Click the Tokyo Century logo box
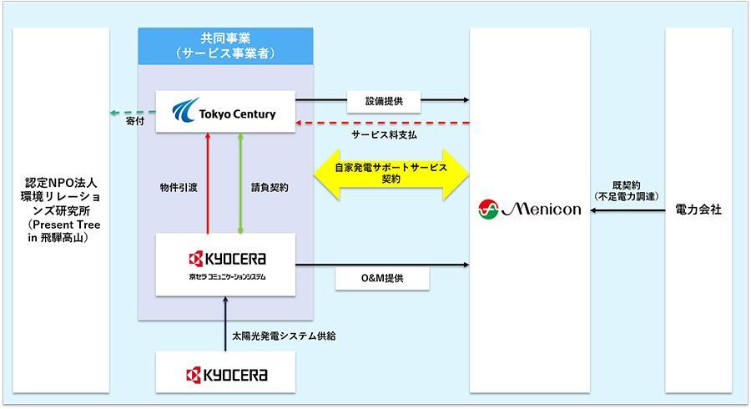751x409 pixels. coord(226,111)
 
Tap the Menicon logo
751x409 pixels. coord(530,210)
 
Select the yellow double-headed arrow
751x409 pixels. coord(391,174)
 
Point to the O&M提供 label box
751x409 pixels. coord(383,278)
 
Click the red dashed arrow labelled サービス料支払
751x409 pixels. coord(383,123)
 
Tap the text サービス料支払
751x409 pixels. coord(384,134)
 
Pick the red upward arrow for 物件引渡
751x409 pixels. coord(206,183)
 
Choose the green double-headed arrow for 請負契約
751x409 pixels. coord(240,183)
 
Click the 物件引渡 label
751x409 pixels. coord(178,187)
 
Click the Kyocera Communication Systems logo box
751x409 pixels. coord(226,265)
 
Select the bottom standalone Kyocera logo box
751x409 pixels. coord(226,372)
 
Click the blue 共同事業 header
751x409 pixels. coord(226,44)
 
